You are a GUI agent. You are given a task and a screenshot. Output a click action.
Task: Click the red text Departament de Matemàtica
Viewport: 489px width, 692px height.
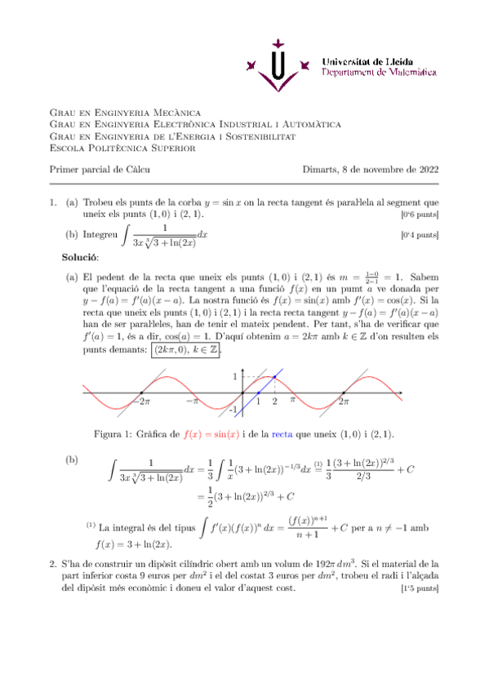coord(379,73)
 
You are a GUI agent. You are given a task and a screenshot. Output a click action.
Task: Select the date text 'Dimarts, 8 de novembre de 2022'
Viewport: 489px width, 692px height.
coord(370,170)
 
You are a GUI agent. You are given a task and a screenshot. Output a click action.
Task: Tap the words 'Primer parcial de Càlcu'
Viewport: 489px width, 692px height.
coord(100,170)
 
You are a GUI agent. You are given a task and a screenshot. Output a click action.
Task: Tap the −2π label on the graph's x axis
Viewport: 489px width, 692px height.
coord(142,401)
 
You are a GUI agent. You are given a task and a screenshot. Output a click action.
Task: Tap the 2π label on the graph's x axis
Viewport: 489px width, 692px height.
coord(344,401)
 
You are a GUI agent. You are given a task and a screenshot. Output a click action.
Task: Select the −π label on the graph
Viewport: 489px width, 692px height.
coord(192,401)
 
